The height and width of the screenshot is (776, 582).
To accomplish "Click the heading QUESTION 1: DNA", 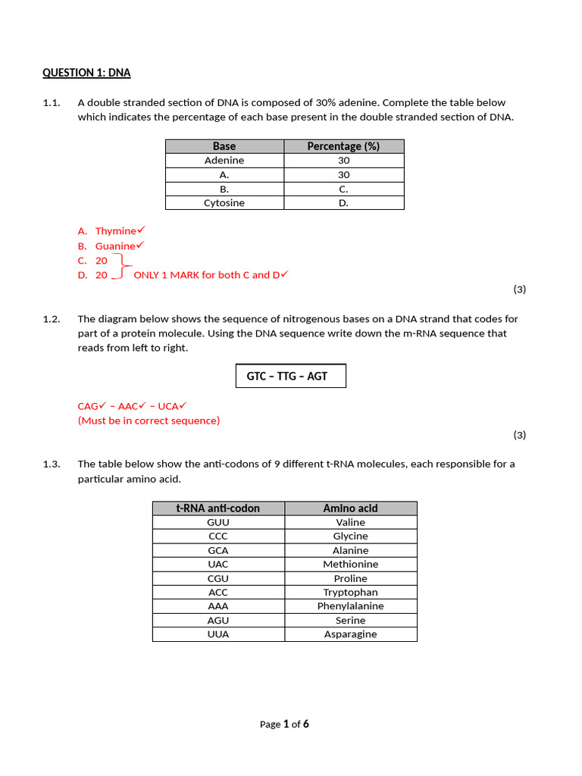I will click(86, 73).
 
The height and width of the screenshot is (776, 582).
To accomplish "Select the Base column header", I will click(224, 146).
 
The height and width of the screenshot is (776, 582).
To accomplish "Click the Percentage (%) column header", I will click(343, 146).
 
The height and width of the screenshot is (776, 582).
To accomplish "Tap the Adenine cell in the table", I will click(224, 161).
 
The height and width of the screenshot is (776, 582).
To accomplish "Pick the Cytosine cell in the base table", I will click(224, 203).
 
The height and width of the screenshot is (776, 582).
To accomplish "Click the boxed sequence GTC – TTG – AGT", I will click(291, 376).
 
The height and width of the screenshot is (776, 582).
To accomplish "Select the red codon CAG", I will click(88, 406).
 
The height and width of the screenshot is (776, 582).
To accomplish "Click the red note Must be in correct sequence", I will click(149, 421).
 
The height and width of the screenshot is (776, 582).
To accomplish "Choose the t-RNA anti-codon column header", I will click(218, 508).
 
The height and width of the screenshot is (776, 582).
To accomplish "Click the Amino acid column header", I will click(350, 508).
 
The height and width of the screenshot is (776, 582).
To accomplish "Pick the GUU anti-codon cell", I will click(218, 522).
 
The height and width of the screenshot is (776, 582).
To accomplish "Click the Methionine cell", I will click(350, 565).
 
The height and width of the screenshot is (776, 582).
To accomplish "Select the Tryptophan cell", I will click(350, 593).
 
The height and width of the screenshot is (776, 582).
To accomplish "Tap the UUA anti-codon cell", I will click(218, 634).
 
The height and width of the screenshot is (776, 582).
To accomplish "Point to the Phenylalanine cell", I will click(350, 606).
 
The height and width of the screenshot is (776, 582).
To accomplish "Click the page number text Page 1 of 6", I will click(284, 724).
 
